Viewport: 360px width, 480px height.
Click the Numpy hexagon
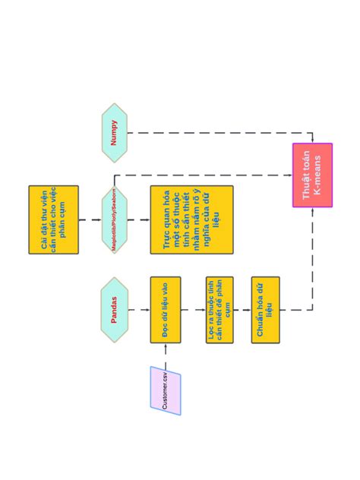coord(115,132)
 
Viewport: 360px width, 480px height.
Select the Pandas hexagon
coord(115,310)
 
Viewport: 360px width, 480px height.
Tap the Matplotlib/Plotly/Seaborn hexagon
coord(115,219)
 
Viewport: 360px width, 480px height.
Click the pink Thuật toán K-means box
coord(312,175)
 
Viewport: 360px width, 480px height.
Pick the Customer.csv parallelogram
coord(165,390)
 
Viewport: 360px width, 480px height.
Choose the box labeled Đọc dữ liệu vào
coord(165,310)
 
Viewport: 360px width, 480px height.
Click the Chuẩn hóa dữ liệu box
coord(265,310)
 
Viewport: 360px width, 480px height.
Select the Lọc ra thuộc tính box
coord(219,310)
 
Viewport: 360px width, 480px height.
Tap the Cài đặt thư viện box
coord(53,219)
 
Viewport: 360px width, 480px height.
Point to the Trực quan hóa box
coord(191,219)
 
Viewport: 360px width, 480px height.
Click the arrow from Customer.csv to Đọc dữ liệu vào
coord(165,355)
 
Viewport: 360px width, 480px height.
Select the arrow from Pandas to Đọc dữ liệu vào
coord(139,310)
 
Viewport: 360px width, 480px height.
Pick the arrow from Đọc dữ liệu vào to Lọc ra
coord(193,310)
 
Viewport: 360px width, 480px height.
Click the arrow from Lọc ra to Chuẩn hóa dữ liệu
coord(242,310)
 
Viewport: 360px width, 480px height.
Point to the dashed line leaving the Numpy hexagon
coord(213,133)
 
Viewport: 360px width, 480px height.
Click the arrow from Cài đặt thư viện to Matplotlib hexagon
coord(90,219)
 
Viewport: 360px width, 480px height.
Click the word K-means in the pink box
coord(317,175)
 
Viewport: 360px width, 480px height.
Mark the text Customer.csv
coord(165,390)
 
